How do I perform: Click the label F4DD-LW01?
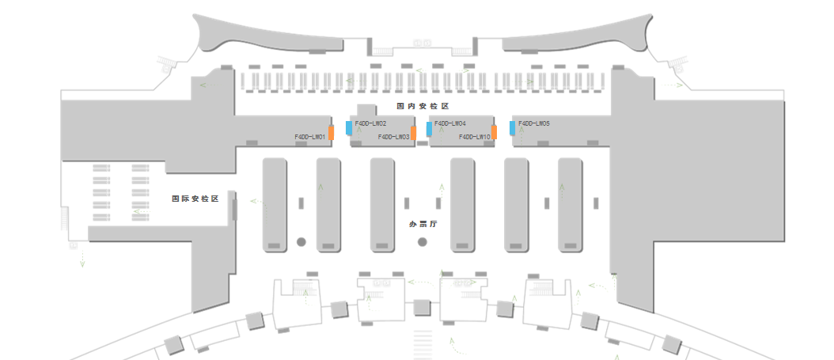310,137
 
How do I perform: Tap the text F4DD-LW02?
370,124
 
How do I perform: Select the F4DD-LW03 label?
393,137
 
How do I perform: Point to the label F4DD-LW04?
450,124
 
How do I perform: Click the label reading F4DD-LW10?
475,137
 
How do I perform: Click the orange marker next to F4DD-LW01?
332,133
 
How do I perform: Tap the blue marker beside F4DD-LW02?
349,127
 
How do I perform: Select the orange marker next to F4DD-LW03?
414,133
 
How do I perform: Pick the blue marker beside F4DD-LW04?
429,128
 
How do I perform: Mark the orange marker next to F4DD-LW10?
495,133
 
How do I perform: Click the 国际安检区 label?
195,199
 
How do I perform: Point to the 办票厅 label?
423,225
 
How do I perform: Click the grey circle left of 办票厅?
423,241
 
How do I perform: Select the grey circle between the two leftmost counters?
301,241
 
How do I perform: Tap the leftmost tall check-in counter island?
275,205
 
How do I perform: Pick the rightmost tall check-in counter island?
571,205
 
